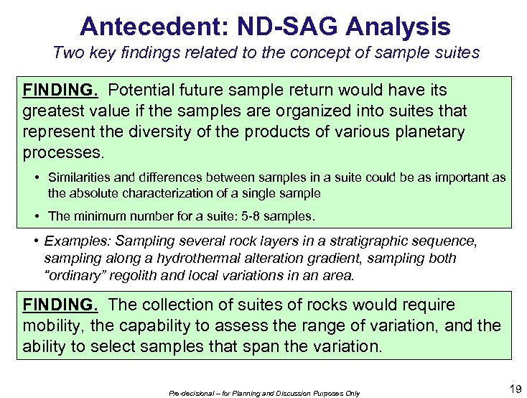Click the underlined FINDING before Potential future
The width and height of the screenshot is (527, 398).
click(x=61, y=91)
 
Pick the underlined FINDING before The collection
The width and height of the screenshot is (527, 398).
click(x=61, y=305)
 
